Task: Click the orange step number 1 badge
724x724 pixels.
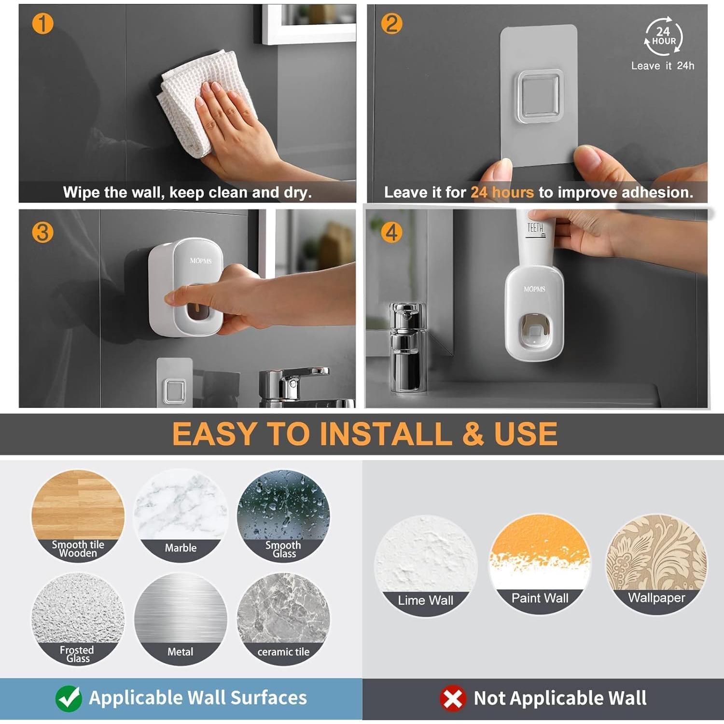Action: [x=42, y=24]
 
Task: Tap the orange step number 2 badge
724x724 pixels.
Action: [x=391, y=24]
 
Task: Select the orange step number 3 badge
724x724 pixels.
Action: [x=42, y=233]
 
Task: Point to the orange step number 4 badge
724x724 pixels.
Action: [x=391, y=233]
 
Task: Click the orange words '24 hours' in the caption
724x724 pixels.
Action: [x=502, y=193]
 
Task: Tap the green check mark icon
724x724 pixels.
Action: [x=69, y=698]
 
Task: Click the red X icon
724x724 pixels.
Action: [x=453, y=698]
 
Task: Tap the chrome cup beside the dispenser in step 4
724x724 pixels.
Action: [x=408, y=348]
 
